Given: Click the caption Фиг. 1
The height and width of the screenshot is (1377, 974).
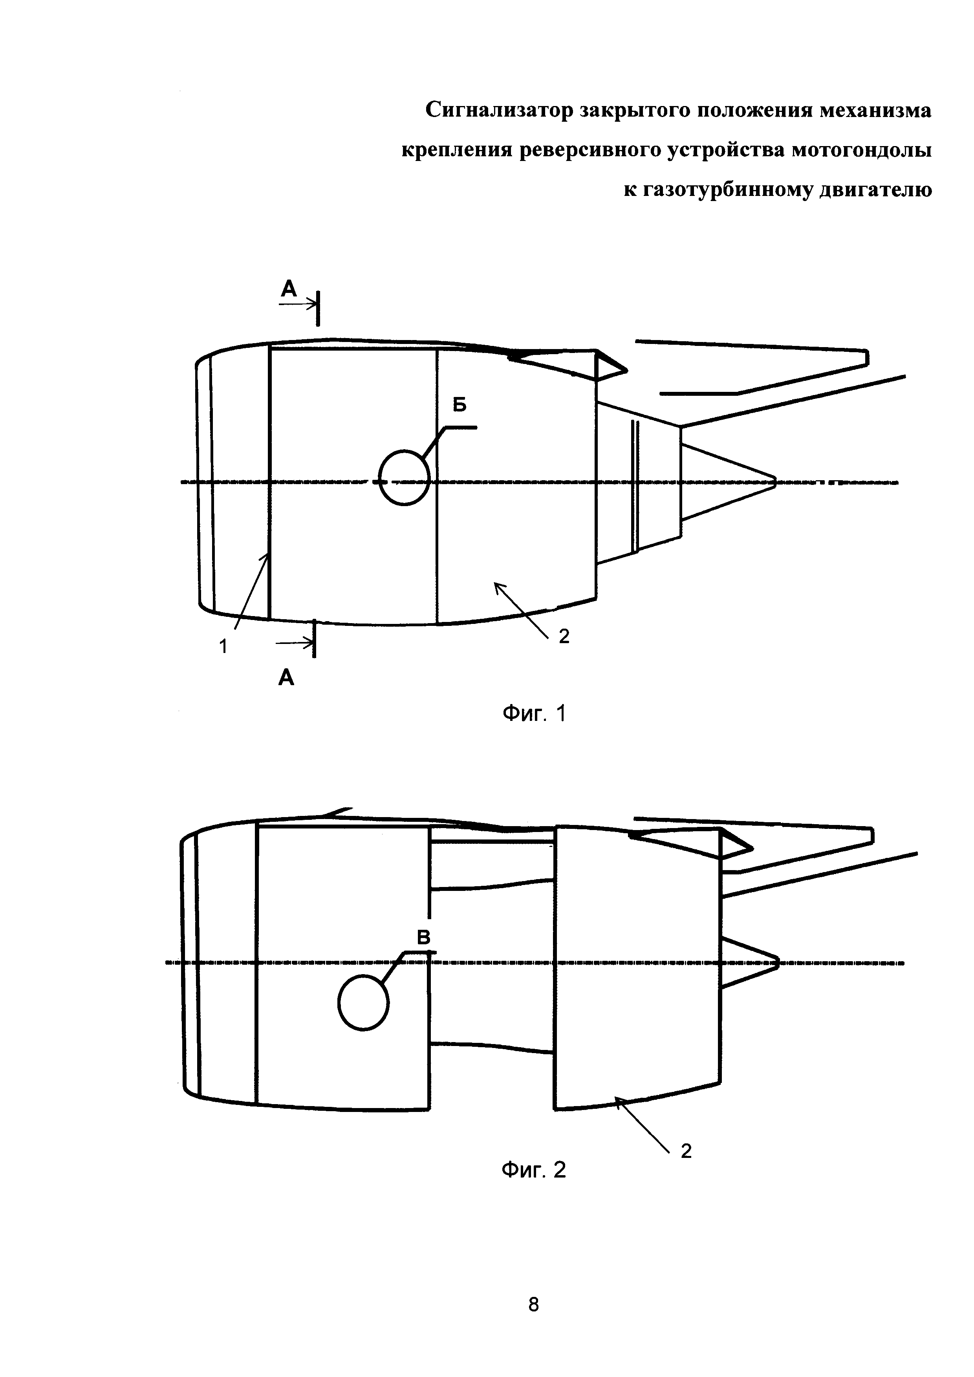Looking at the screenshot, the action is point(533,714).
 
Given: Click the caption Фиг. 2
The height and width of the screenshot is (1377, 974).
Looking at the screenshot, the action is point(533,1170).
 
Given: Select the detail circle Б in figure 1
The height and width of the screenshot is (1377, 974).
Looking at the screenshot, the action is point(405,477).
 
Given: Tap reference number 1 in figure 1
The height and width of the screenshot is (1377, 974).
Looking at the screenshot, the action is point(223,647).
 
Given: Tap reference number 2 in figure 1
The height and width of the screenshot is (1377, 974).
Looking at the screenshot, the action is point(564,637).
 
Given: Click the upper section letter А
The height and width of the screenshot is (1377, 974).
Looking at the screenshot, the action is point(289,290).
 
